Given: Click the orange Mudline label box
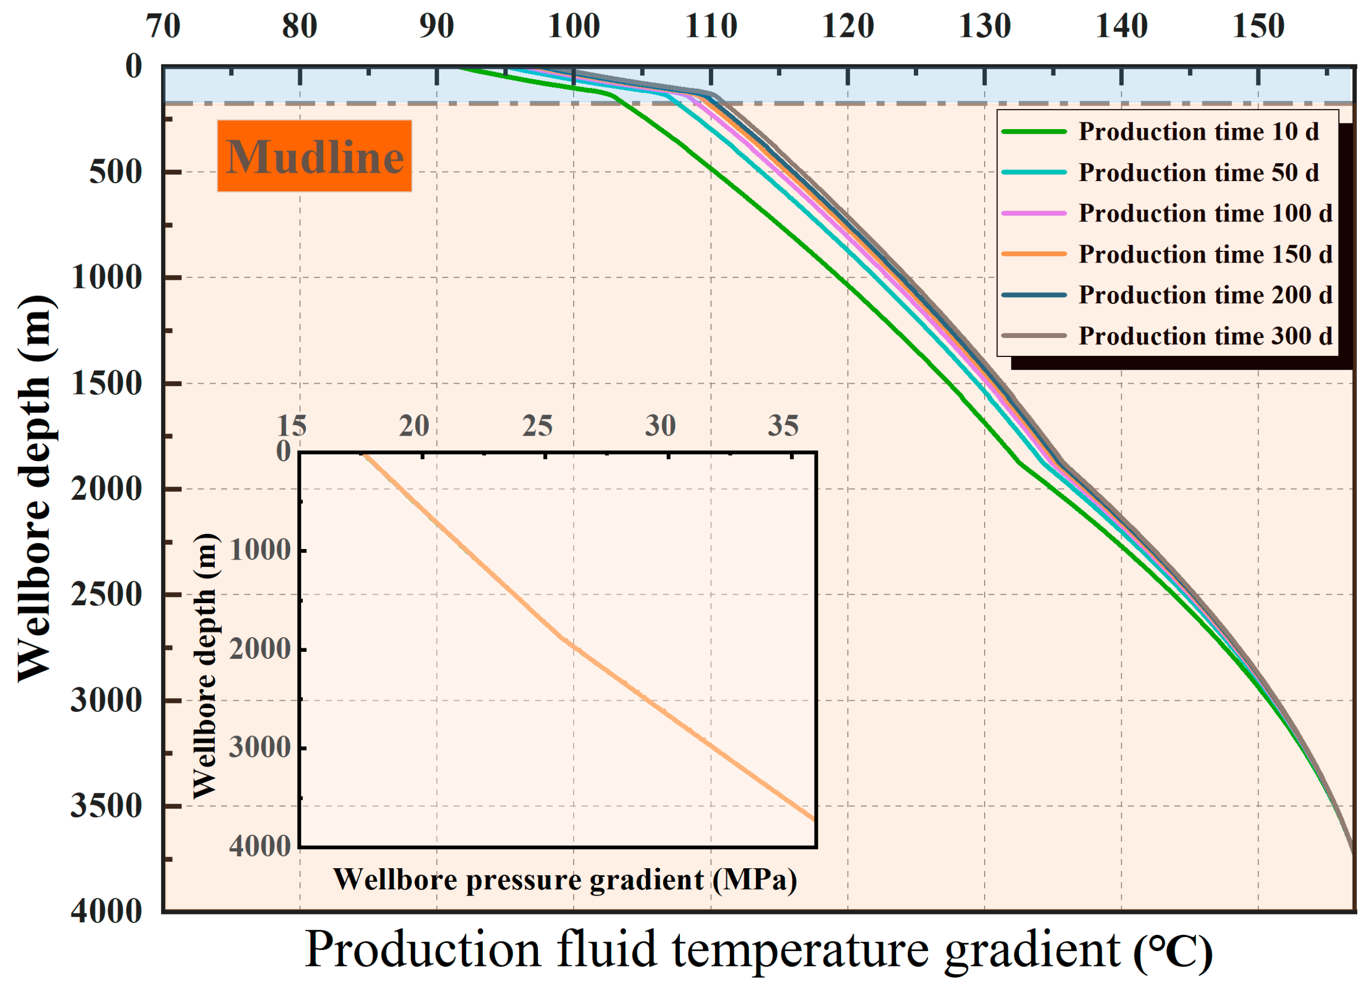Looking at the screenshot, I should [x=314, y=156].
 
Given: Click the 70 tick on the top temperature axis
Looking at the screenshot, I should [x=163, y=27].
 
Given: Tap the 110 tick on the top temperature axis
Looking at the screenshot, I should [x=711, y=27].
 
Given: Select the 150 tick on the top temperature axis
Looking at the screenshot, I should [x=1258, y=27].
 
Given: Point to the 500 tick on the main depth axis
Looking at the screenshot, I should [x=115, y=173].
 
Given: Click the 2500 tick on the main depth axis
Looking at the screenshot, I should [x=107, y=595].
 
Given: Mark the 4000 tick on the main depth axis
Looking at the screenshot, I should [x=107, y=911].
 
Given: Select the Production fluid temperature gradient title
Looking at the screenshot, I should [x=758, y=950].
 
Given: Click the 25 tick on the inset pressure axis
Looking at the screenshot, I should [x=537, y=427].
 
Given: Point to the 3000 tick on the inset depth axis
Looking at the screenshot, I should [x=260, y=748].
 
